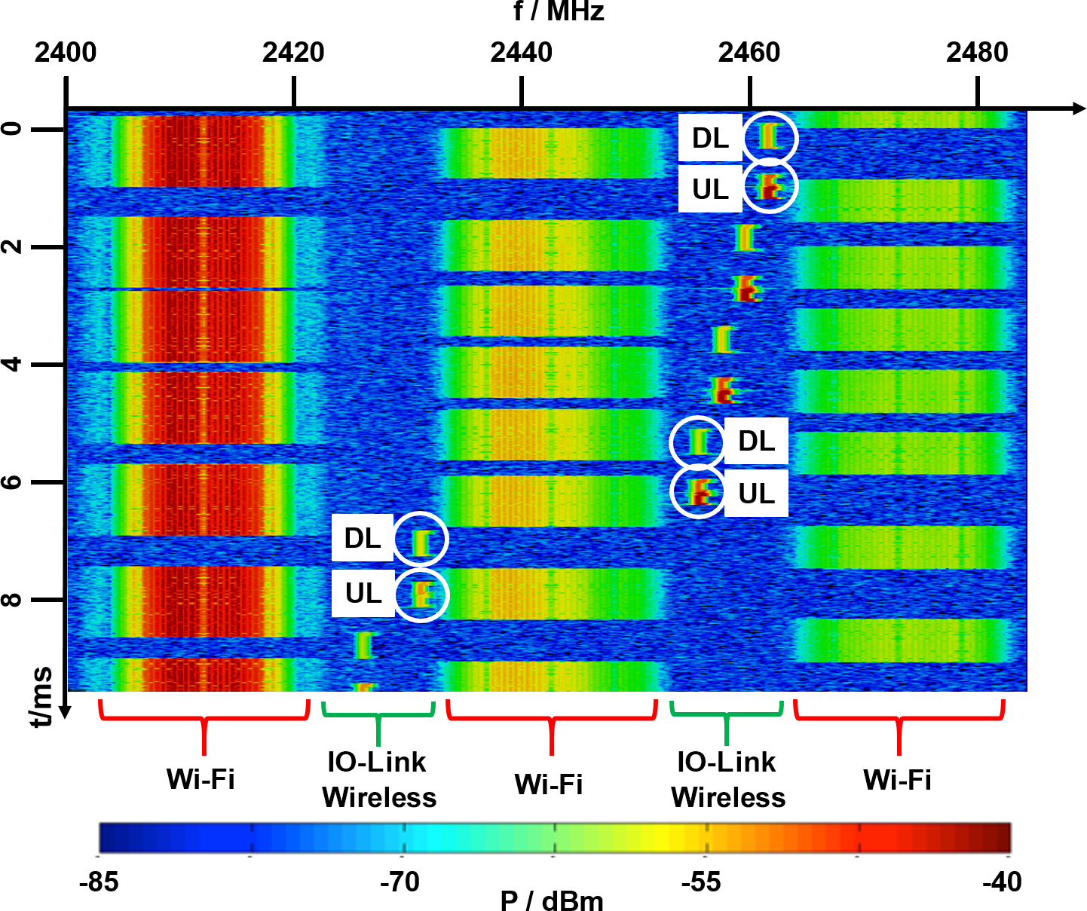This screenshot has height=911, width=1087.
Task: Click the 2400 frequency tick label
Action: (x=66, y=53)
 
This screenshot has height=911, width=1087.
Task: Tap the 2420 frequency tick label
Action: (x=293, y=53)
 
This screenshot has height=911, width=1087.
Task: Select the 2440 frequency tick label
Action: (x=521, y=53)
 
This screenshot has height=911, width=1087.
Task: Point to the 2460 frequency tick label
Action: (x=749, y=53)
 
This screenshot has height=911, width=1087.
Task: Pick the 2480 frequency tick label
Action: (x=977, y=53)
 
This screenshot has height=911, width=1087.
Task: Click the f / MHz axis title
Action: (x=559, y=11)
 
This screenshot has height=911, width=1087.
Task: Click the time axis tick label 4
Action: (x=13, y=365)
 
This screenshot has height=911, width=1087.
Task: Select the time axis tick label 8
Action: (x=13, y=600)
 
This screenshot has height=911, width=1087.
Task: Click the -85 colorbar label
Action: (x=99, y=882)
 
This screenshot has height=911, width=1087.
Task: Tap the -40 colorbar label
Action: (x=1002, y=882)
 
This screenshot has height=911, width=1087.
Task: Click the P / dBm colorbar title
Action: (x=552, y=900)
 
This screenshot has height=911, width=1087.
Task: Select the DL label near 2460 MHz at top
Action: (x=710, y=138)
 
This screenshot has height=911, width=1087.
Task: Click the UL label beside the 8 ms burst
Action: (x=363, y=594)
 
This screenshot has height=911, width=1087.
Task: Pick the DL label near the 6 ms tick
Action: (x=756, y=441)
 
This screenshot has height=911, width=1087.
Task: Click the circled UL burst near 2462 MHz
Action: (x=770, y=185)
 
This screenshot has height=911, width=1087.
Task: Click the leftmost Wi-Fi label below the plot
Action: (x=201, y=779)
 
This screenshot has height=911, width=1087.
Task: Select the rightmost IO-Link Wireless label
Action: (x=727, y=780)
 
